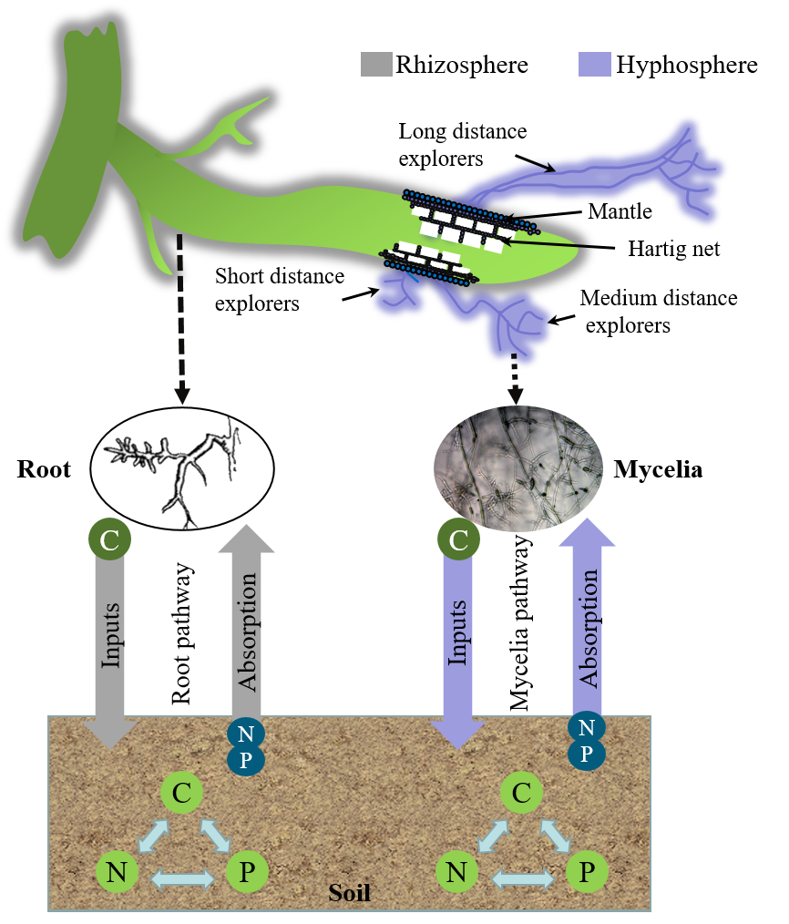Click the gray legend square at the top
(376, 64)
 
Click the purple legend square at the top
(594, 64)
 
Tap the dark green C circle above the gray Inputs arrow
(109, 540)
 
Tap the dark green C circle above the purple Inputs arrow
(458, 540)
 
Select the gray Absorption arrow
(246, 620)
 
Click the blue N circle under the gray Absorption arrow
(245, 734)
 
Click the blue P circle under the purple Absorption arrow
(587, 754)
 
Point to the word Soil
(349, 892)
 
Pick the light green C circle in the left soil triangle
(181, 793)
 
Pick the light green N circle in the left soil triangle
(117, 873)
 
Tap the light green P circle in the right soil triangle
(587, 873)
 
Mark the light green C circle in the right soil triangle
(521, 793)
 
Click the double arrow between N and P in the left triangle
(182, 878)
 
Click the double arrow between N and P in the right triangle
(523, 878)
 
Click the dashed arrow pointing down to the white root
(180, 319)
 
